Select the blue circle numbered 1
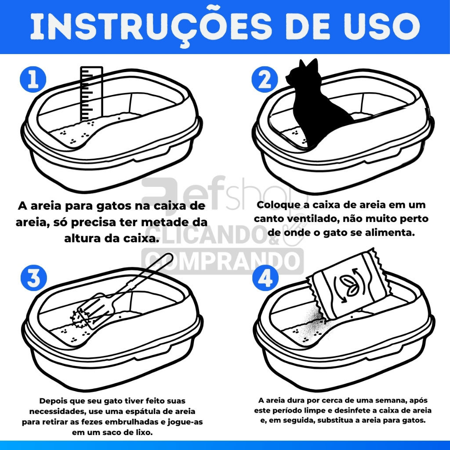[x=33, y=80]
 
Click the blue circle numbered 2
[x=265, y=80]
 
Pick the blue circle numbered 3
[x=34, y=278]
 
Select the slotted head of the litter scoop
[x=95, y=312]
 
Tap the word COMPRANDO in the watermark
[x=222, y=261]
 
